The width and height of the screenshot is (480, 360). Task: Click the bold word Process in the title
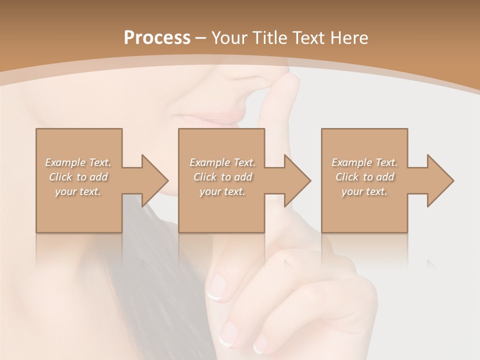(157, 37)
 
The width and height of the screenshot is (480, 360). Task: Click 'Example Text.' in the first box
(78, 162)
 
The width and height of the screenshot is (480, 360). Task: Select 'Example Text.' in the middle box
(222, 162)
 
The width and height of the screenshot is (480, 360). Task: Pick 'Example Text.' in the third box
(364, 162)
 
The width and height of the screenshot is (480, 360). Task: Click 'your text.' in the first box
(78, 191)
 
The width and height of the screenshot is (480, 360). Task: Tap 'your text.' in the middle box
(222, 191)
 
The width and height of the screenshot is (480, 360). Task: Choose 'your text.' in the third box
(364, 191)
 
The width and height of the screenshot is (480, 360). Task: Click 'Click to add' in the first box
(78, 177)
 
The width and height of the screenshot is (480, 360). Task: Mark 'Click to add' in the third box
(364, 177)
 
